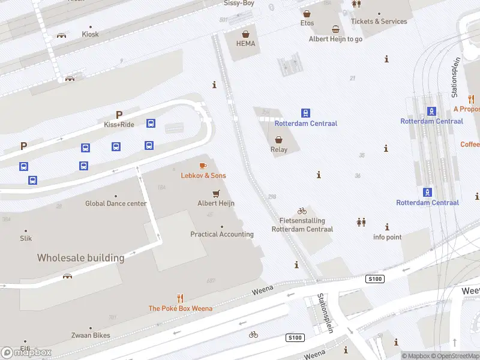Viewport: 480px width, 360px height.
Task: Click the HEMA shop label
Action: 245,44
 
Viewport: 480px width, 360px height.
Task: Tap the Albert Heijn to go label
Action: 335,39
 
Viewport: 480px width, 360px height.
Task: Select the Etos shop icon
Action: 307,13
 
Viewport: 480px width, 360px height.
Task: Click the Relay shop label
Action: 279,150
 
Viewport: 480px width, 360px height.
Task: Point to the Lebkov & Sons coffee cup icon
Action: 203,166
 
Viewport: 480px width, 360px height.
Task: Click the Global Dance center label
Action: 116,203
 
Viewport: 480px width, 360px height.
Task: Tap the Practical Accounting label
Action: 222,235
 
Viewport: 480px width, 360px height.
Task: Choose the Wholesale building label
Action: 80,258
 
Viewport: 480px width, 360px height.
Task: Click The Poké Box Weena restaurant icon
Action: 180,298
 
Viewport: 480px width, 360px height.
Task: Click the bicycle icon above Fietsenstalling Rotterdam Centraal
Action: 302,211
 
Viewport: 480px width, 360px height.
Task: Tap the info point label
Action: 387,237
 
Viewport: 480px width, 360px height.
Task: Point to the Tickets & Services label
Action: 379,22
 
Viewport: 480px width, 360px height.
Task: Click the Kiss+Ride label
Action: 119,125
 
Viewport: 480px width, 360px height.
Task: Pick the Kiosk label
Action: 90,35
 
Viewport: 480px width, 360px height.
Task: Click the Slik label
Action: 26,239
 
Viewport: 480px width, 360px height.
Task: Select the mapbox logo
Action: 26,353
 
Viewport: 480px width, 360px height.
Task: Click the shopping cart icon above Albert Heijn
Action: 216,193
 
